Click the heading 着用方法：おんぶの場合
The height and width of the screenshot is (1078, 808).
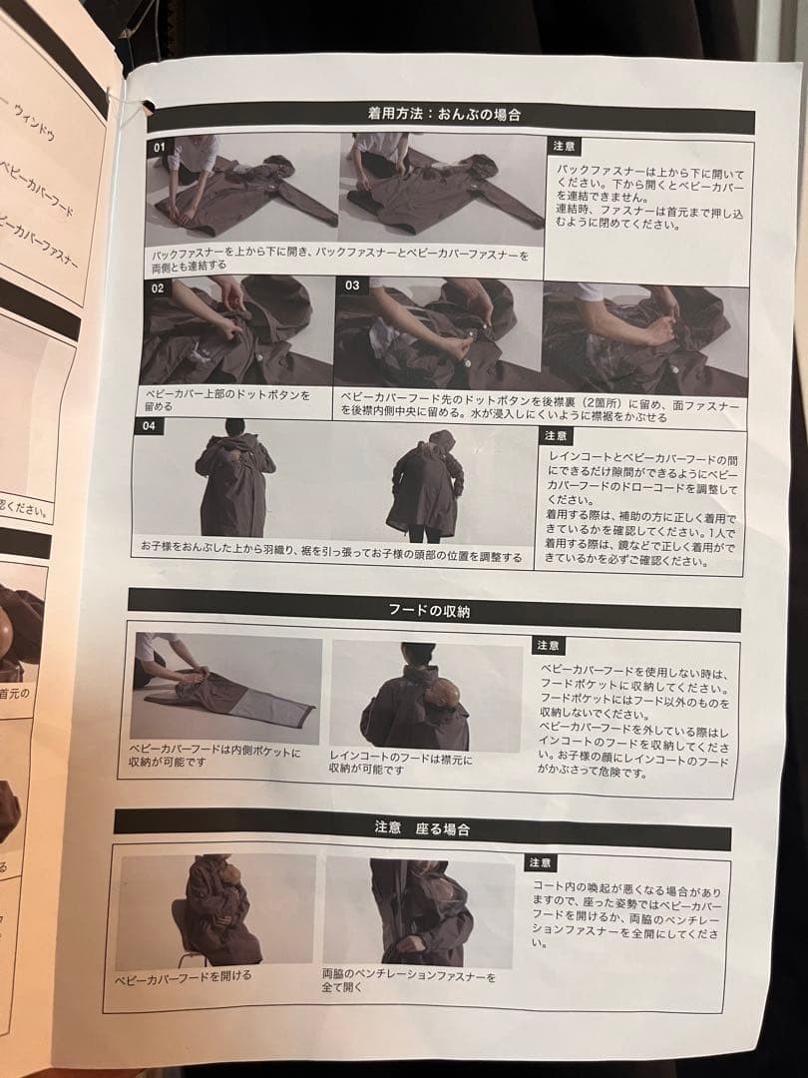tap(445, 114)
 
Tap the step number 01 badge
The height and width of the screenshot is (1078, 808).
tap(158, 147)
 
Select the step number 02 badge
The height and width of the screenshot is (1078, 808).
tap(157, 287)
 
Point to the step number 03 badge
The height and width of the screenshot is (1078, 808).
tap(351, 285)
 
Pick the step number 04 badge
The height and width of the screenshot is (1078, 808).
tap(149, 427)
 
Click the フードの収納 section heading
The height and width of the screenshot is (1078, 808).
tap(429, 610)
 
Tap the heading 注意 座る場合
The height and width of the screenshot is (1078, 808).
tap(422, 828)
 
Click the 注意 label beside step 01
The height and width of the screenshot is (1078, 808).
tap(565, 146)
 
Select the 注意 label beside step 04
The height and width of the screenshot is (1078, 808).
tap(557, 436)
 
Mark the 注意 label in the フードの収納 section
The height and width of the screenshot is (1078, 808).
tap(550, 646)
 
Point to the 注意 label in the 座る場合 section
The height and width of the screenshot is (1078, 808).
tap(541, 862)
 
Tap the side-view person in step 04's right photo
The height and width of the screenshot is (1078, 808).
tap(426, 485)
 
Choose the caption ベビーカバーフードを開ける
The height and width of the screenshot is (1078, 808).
tap(184, 975)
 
